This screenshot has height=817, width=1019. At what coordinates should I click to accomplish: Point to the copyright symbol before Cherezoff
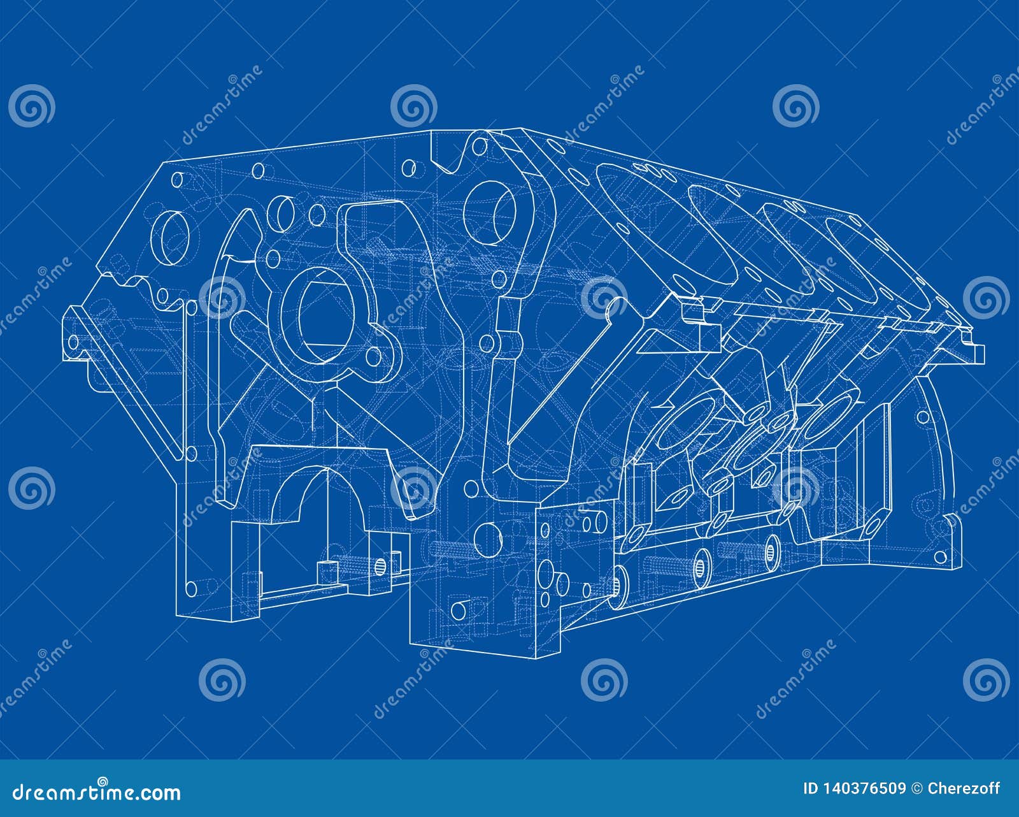tap(918, 789)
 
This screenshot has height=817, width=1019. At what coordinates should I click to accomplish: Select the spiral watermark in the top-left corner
tap(32, 106)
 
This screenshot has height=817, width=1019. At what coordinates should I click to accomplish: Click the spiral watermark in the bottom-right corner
tap(986, 679)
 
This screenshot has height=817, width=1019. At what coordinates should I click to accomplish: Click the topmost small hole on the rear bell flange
tap(922, 418)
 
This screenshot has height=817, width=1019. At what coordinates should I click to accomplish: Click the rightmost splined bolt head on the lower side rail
tap(773, 547)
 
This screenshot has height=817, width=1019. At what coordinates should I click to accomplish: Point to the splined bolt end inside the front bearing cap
tap(380, 565)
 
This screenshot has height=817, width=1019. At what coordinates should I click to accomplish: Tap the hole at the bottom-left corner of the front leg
tap(189, 587)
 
